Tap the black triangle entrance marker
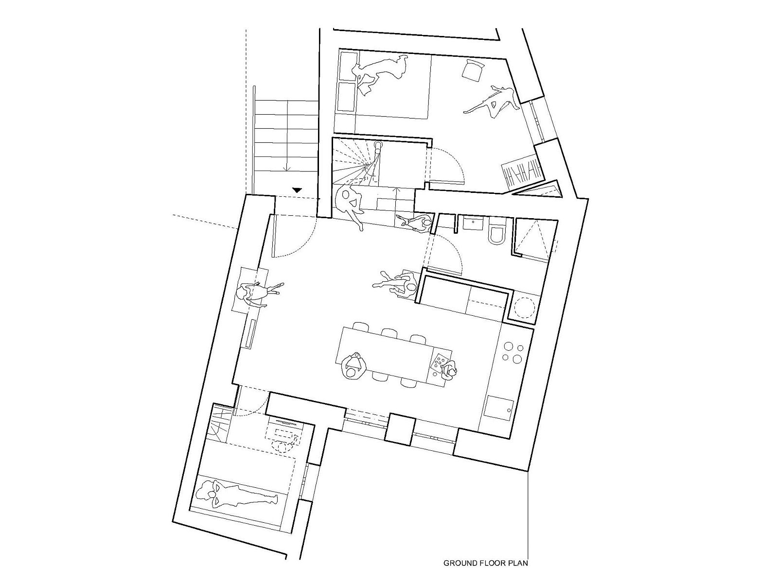click(x=297, y=190)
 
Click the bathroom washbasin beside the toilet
click(x=473, y=223)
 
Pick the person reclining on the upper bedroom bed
click(x=379, y=72)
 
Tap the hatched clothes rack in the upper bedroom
click(x=522, y=173)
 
